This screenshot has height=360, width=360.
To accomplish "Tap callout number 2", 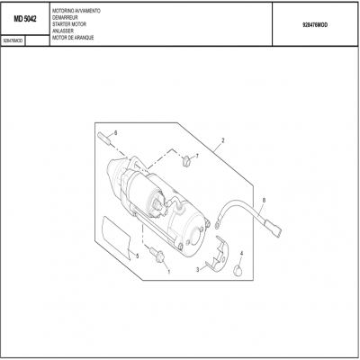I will pos(221,142).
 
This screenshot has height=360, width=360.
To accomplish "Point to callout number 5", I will pos(136,256).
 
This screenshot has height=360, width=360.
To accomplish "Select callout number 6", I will pos(115,132).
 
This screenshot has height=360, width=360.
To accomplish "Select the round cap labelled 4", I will pos(239,271).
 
